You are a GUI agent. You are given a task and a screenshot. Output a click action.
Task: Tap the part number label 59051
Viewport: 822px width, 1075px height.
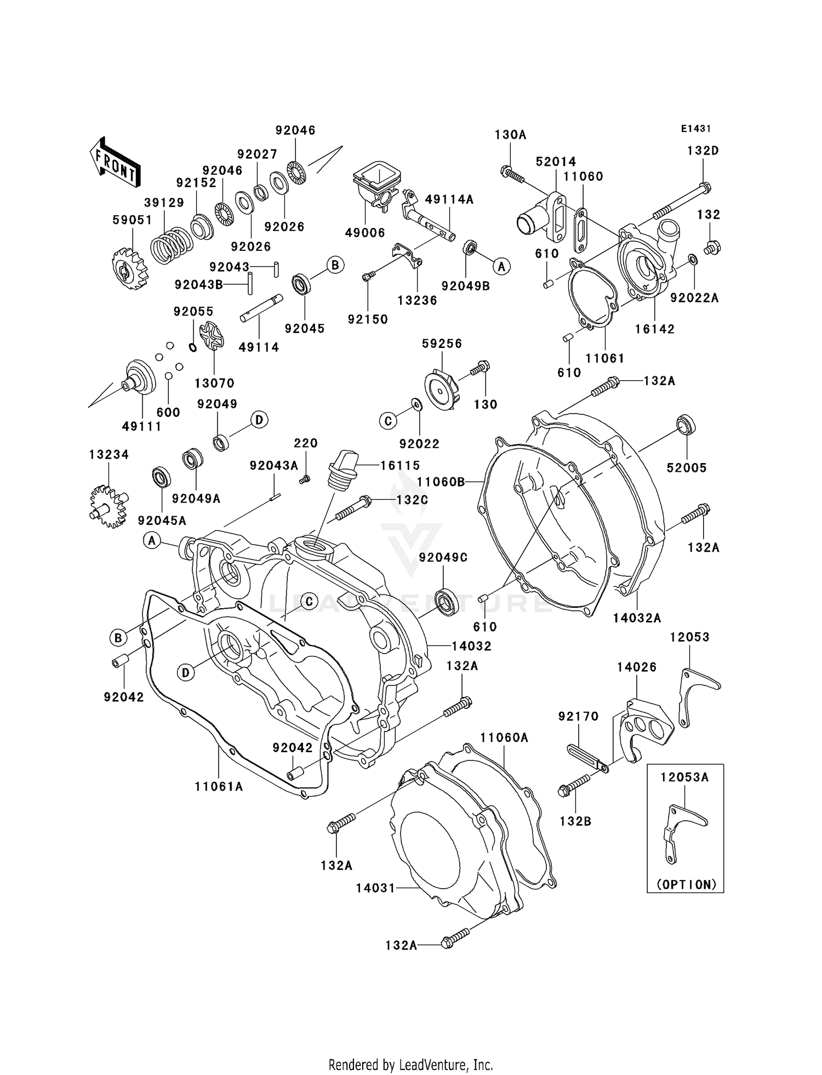pyautogui.click(x=132, y=220)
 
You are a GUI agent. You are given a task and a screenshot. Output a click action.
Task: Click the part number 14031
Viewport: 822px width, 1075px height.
pyautogui.click(x=375, y=888)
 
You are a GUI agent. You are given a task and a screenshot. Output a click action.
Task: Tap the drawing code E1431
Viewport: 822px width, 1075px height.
pyautogui.click(x=696, y=129)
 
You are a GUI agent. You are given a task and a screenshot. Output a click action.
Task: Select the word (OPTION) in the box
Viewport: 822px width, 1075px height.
pyautogui.click(x=686, y=884)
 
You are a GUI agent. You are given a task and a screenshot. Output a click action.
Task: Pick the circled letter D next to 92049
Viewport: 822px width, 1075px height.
pyautogui.click(x=259, y=420)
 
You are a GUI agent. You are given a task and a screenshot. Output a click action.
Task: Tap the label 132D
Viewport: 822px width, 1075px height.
pyautogui.click(x=703, y=151)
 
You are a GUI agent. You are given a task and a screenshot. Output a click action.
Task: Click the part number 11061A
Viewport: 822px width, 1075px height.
pyautogui.click(x=219, y=787)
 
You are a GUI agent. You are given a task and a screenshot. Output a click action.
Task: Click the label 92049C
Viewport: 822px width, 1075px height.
pyautogui.click(x=443, y=557)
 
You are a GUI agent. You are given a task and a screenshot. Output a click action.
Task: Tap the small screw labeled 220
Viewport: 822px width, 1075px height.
pyautogui.click(x=305, y=479)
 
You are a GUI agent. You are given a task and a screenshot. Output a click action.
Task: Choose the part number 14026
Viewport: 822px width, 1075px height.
pyautogui.click(x=636, y=667)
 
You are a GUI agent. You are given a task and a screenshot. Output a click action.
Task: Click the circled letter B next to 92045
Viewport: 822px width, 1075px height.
pyautogui.click(x=335, y=265)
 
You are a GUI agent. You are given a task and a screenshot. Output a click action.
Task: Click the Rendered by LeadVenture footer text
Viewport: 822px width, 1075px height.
pyautogui.click(x=410, y=1065)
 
